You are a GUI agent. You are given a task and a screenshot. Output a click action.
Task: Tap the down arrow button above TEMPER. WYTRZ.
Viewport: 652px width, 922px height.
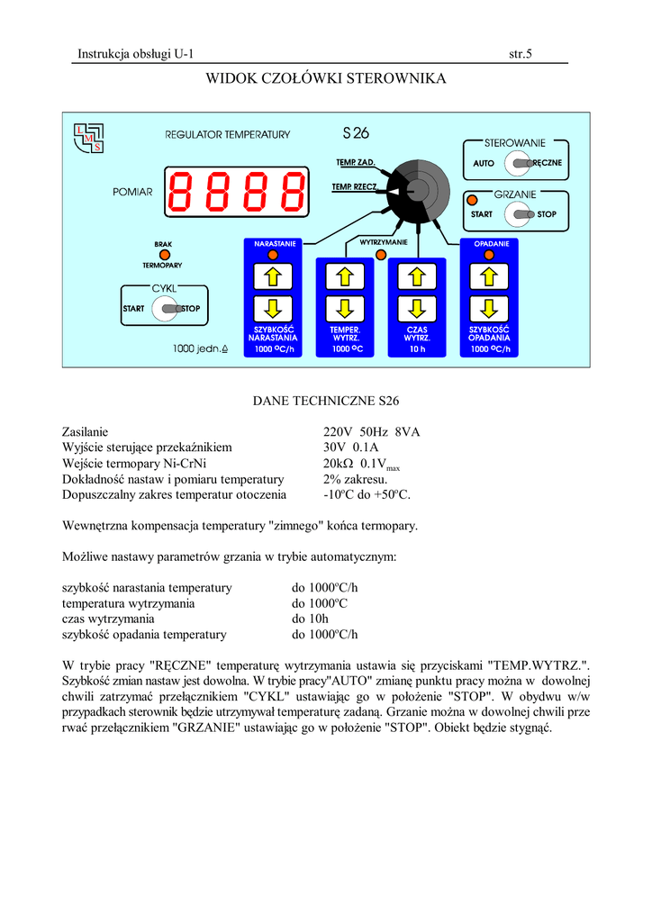(345, 307)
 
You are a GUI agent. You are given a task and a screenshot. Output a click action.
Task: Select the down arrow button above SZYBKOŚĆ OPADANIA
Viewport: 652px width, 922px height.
(489, 307)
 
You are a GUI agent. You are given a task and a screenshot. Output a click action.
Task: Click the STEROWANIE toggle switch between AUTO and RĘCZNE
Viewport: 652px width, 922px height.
(520, 163)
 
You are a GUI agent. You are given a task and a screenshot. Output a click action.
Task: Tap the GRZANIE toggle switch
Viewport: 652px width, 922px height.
(520, 214)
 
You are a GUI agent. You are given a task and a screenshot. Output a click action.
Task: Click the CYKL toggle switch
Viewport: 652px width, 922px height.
(167, 309)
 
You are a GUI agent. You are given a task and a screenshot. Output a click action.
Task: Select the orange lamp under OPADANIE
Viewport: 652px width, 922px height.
(489, 255)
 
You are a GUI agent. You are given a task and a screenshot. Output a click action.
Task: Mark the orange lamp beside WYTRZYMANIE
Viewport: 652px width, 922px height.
(381, 256)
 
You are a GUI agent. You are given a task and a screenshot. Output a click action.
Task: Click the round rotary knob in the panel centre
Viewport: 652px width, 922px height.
(418, 189)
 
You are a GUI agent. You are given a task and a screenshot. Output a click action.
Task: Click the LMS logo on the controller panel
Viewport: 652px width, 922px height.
(88, 137)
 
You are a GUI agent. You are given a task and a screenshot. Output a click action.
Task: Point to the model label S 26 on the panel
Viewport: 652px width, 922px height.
(356, 134)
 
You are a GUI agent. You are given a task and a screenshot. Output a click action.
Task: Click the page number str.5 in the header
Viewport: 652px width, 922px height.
(521, 54)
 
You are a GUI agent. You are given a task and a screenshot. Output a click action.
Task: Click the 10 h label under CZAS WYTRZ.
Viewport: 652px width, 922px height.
(417, 348)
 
